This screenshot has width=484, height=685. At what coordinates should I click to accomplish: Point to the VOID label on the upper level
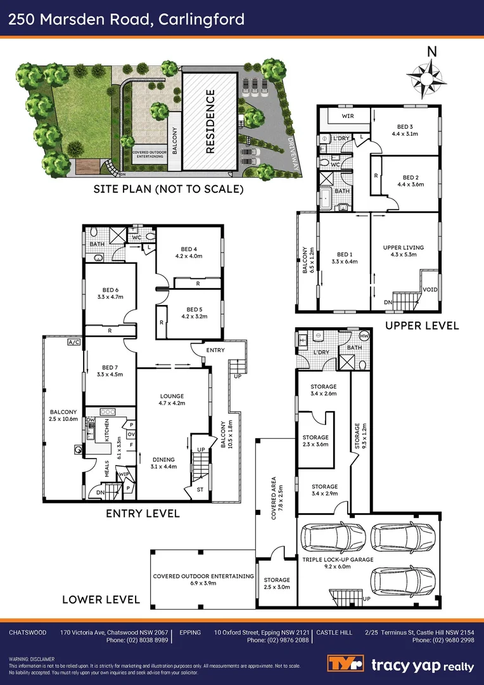(x=430, y=289)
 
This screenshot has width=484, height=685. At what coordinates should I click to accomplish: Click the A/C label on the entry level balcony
(x=74, y=342)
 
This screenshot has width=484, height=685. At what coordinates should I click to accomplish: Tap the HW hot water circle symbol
(x=364, y=336)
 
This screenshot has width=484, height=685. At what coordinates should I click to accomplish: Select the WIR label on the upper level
(x=348, y=117)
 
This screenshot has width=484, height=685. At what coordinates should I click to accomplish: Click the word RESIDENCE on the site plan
(x=211, y=122)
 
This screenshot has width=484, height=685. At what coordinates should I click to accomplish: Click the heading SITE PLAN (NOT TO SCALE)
(x=168, y=189)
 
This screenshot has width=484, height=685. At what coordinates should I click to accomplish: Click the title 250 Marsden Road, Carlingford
(x=126, y=20)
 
